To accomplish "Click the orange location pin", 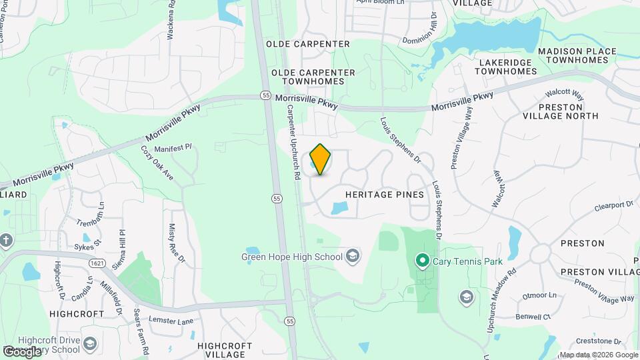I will (320, 159).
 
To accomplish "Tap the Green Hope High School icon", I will (353, 256).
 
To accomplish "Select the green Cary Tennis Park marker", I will (421, 261).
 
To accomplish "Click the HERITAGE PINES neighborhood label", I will (385, 195).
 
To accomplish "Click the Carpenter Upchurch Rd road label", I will (293, 144).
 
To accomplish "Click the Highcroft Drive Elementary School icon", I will (90, 344).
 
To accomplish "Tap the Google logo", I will (22, 351).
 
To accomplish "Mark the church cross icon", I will (5, 241).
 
